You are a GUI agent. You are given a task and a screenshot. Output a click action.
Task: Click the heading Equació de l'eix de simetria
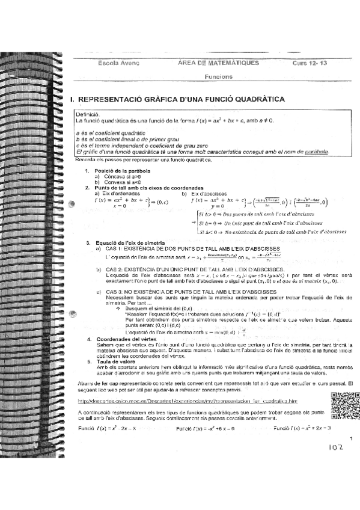click(x=126, y=242)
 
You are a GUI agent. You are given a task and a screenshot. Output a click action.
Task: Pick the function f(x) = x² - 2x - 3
click(x=108, y=428)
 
